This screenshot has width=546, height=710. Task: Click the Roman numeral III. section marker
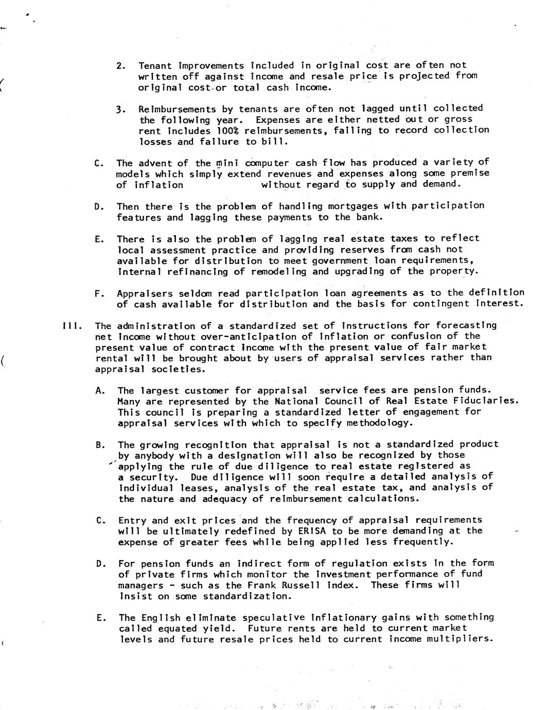tap(69, 326)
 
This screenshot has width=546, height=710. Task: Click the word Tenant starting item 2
tap(155, 66)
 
